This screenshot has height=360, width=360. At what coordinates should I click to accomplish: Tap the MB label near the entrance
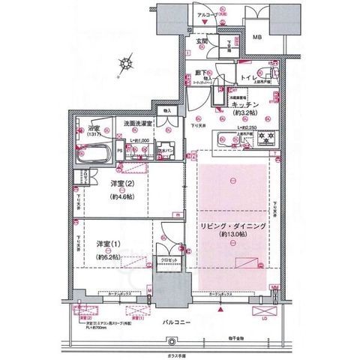click(256, 37)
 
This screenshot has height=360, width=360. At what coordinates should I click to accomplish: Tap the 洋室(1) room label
click(109, 244)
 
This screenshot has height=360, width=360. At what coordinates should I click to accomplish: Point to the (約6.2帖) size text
click(109, 256)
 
